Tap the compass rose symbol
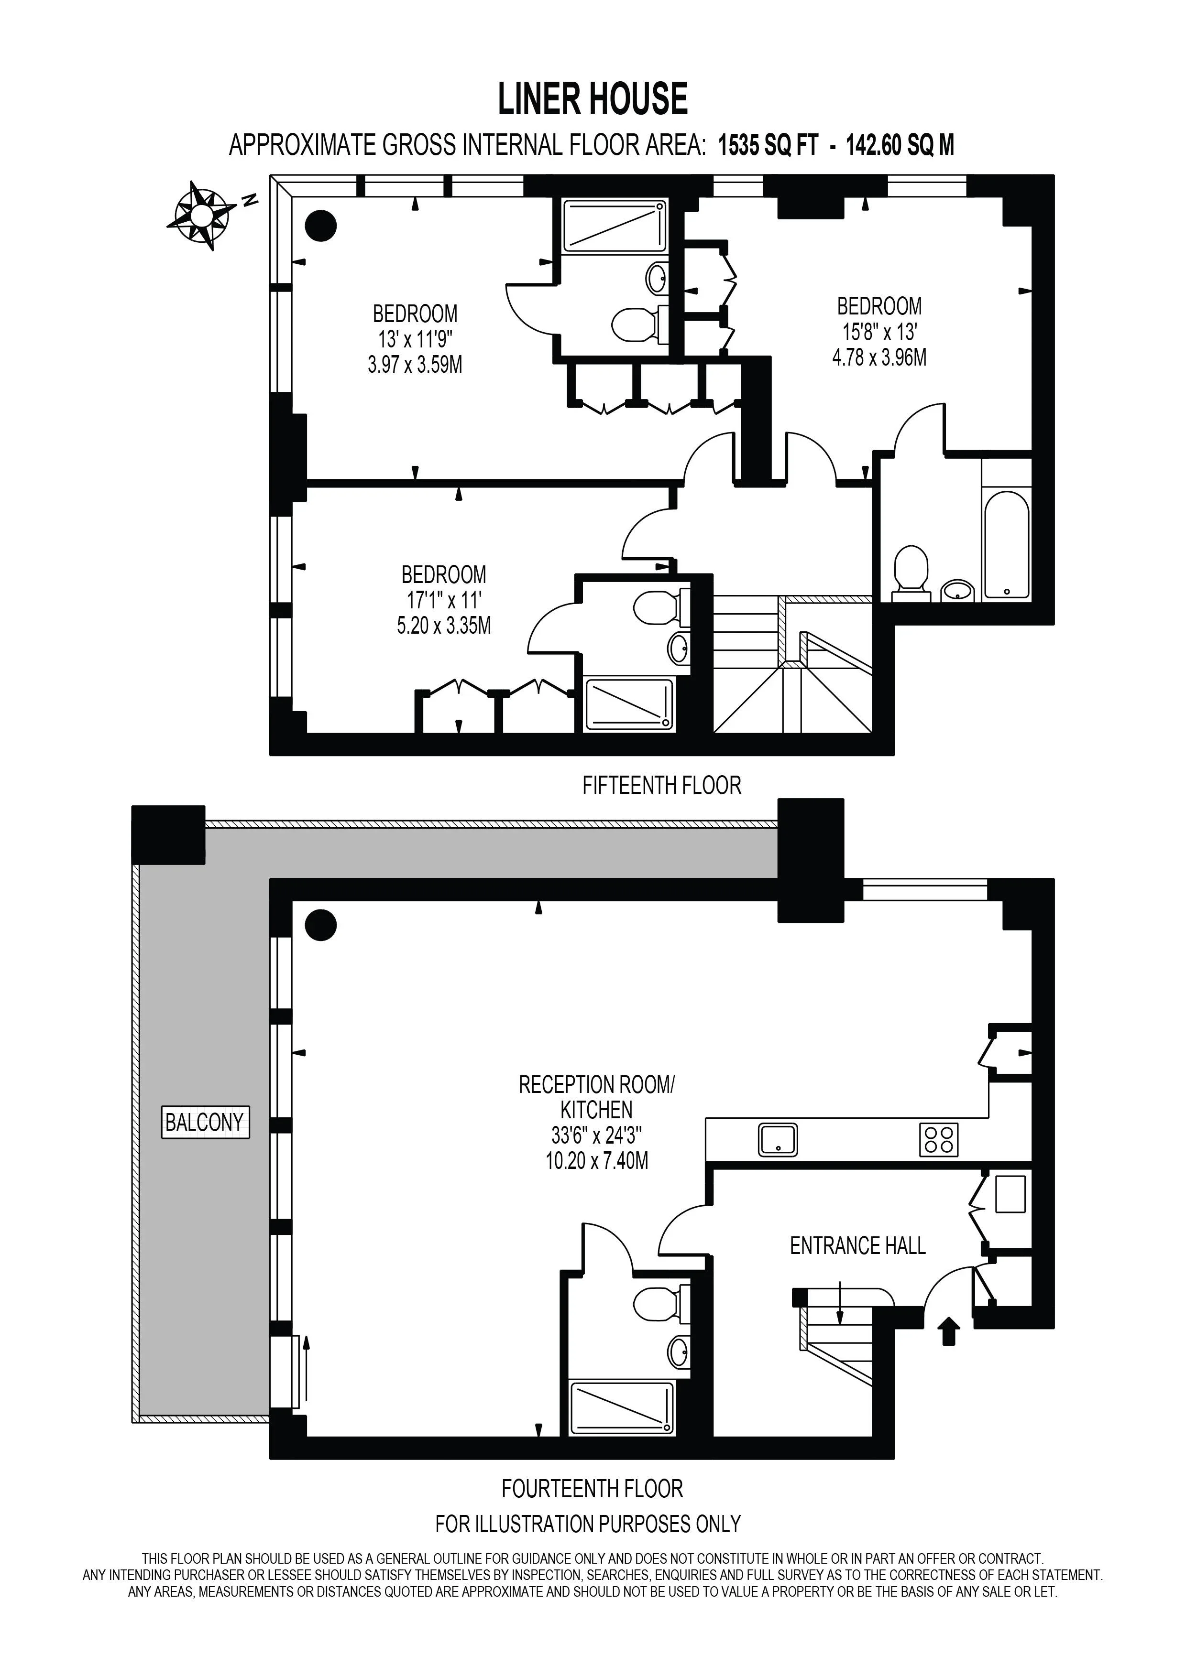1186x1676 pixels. tap(201, 216)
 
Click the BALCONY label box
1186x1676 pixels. tap(205, 1122)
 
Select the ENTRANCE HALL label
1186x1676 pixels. tap(857, 1245)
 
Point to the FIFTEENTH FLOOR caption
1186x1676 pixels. tap(662, 786)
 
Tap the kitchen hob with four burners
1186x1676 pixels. tap(938, 1139)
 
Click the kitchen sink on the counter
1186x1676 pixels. tap(778, 1139)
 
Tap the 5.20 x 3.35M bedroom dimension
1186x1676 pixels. tap(444, 626)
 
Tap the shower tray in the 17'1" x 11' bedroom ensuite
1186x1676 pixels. tap(629, 705)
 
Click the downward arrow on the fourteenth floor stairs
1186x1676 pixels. tap(840, 1302)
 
